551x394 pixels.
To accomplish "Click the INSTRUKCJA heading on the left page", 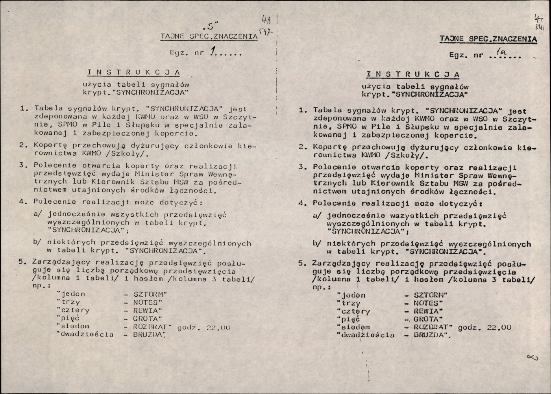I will tap(133, 72).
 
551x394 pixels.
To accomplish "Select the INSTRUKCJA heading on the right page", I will tap(413, 74).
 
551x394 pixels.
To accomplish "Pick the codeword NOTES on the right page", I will tap(426, 303).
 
